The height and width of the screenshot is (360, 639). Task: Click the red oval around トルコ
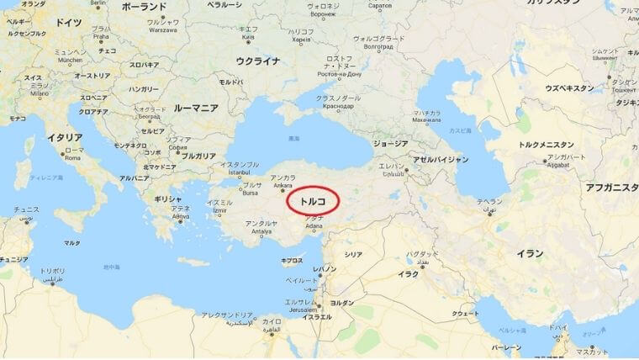coord(313,203)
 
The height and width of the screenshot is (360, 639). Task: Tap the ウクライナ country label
coord(257,61)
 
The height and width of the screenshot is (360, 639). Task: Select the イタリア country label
coord(64,137)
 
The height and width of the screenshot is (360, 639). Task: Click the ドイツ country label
coord(70,23)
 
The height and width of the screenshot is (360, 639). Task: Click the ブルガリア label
coord(198,156)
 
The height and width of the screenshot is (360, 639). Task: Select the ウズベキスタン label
coord(569,87)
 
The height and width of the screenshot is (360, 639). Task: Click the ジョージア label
coord(390,144)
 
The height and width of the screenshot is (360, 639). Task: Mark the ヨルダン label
coord(341,302)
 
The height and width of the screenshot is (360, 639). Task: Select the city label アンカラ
coord(281,178)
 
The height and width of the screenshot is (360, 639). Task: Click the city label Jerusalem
coord(300,309)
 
